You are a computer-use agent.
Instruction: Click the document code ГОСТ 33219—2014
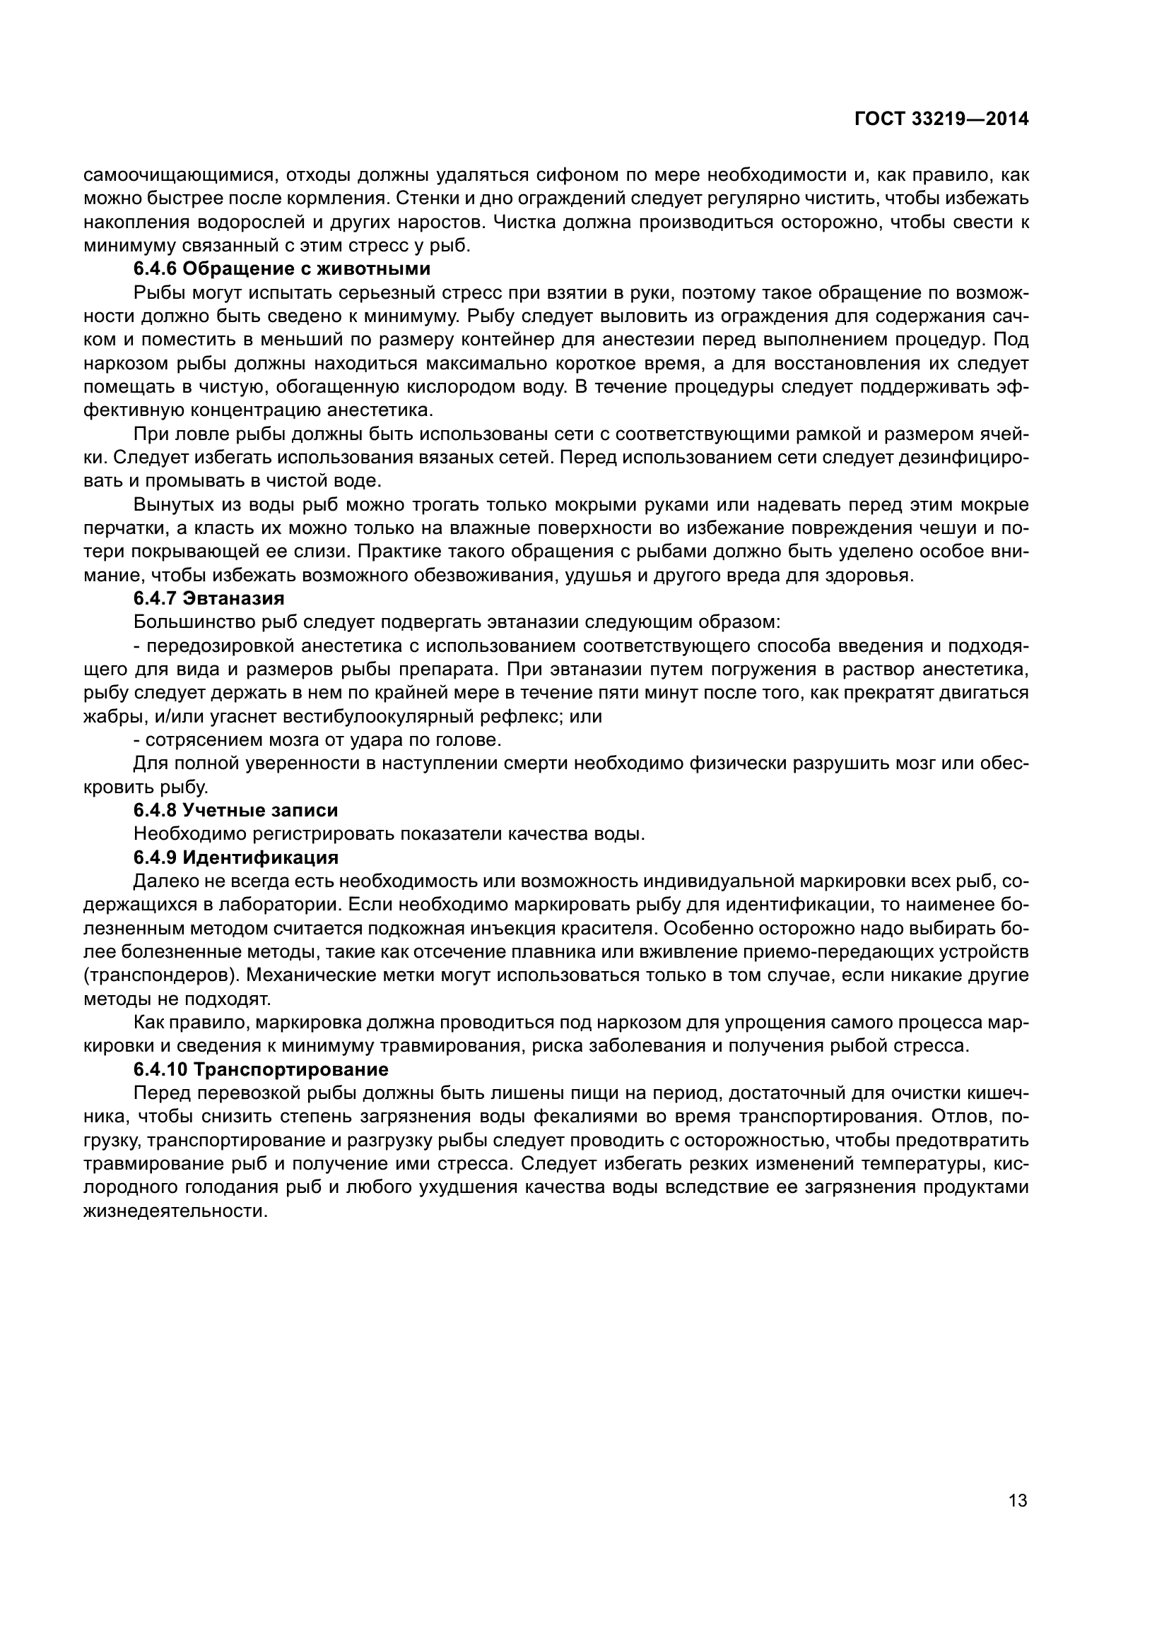point(941,119)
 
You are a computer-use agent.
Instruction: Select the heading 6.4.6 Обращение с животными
point(281,269)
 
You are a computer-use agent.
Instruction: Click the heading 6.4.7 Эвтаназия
point(208,598)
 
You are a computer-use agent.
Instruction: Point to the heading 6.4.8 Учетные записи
point(235,810)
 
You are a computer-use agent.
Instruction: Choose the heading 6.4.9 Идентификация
point(235,857)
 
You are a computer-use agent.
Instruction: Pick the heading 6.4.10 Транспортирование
point(261,1069)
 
